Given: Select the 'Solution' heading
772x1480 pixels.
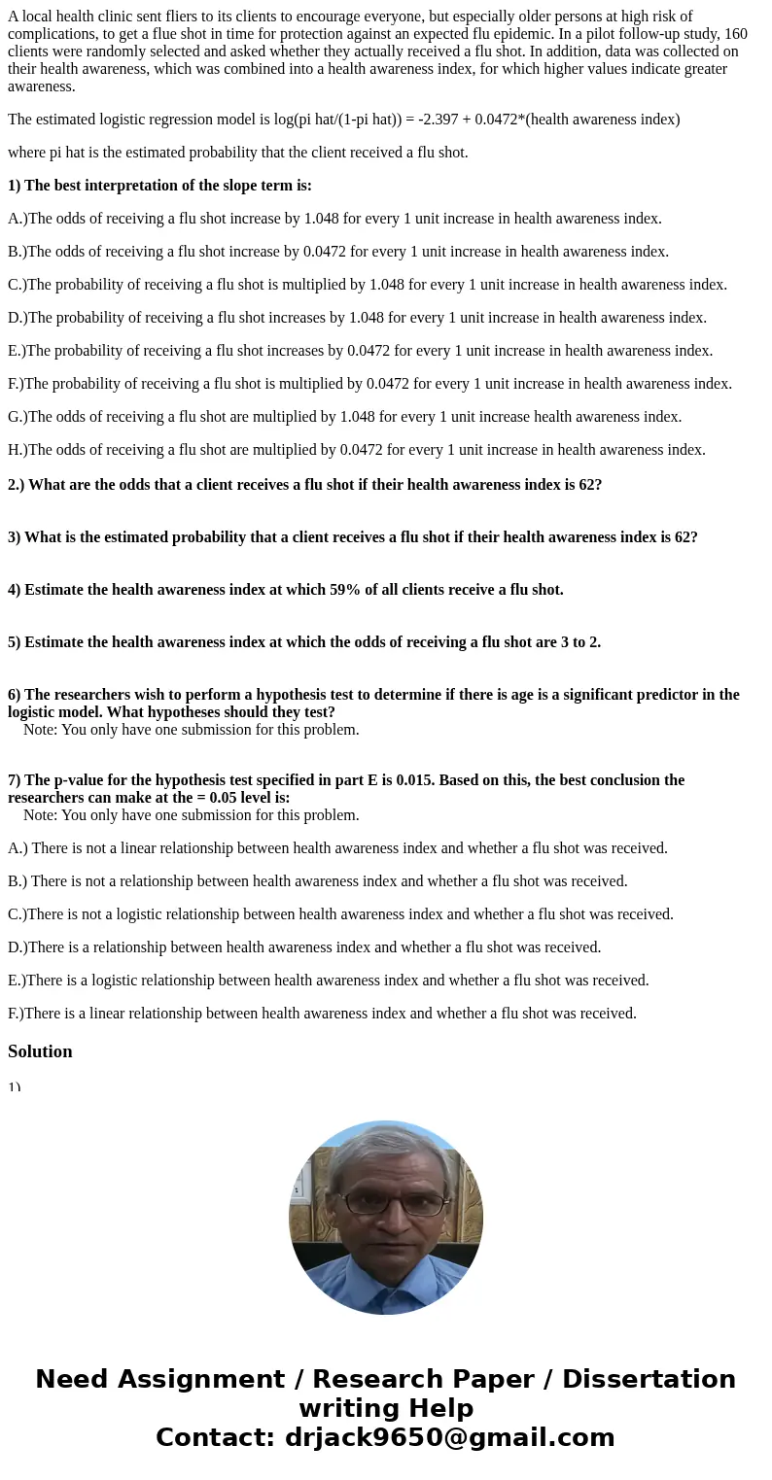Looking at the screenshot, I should [40, 1051].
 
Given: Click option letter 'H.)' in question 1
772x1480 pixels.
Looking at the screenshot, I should [18, 450].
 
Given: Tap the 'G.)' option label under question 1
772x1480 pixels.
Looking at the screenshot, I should [18, 417].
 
